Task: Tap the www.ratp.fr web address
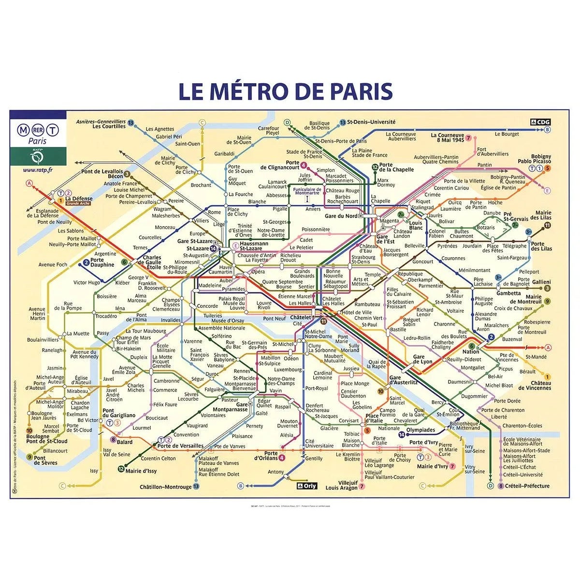point(37,170)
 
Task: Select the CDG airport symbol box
point(540,122)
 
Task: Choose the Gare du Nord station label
point(341,216)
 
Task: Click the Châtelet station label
point(301,318)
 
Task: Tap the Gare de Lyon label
point(422,359)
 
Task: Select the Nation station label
point(471,352)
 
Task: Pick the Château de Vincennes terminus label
point(535,385)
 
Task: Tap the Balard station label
point(124,442)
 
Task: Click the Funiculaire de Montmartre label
point(306,191)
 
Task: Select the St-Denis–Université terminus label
point(371,122)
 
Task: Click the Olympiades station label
point(420,430)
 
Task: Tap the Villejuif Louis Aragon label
point(342,485)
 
